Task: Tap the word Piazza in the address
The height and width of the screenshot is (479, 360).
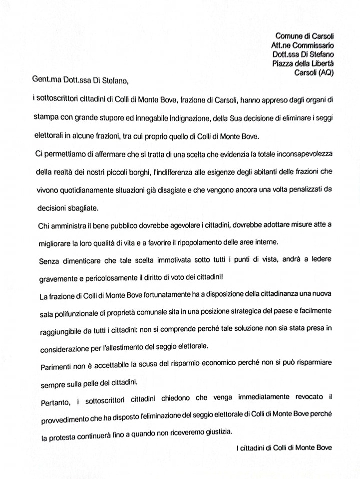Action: (284, 63)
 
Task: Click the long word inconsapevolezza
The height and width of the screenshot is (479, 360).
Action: (303, 152)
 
